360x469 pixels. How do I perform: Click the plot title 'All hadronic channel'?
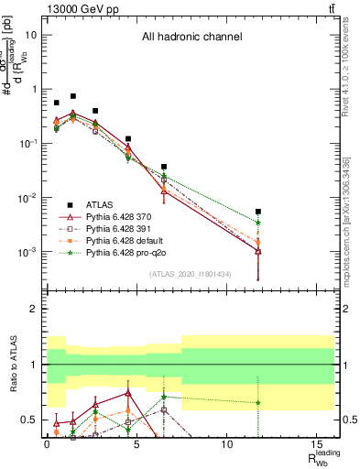(191, 38)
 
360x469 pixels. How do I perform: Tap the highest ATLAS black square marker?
(73, 96)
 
